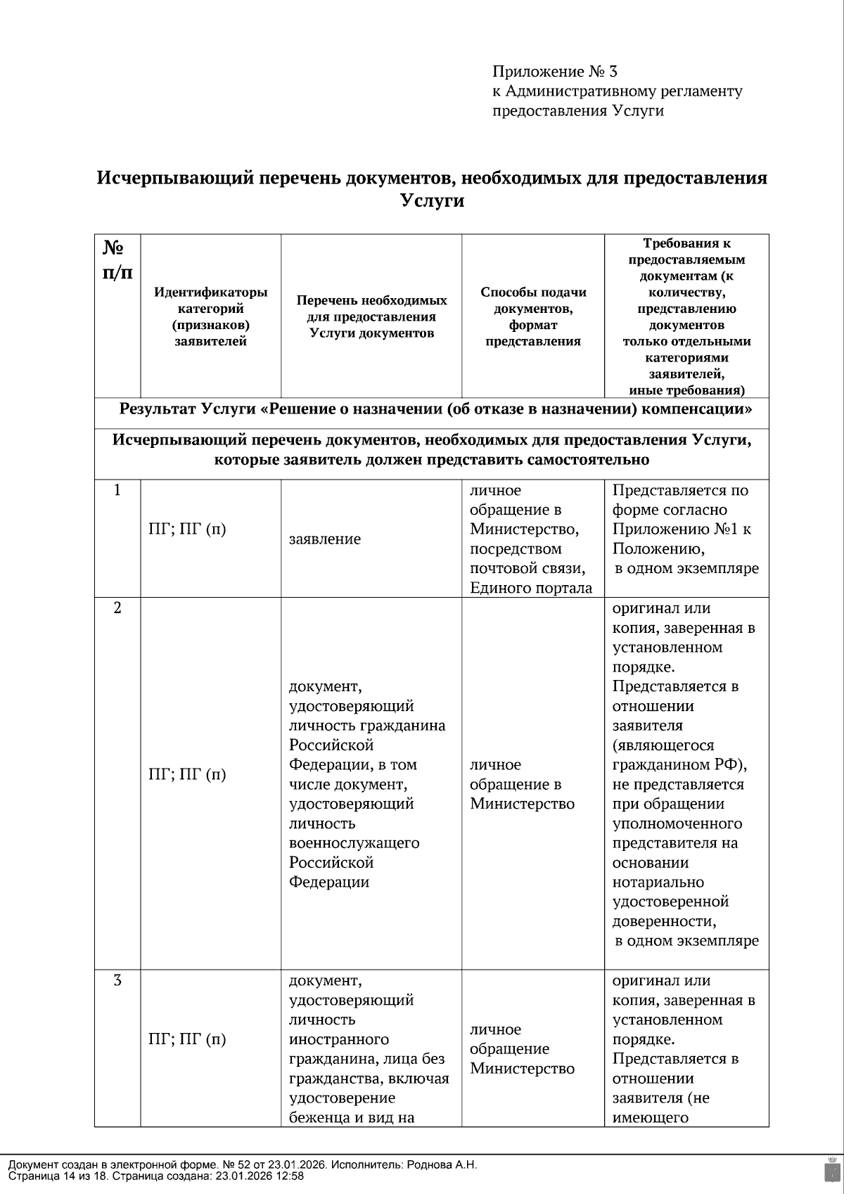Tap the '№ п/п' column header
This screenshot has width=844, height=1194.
click(x=117, y=259)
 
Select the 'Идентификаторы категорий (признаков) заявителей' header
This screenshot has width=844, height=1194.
click(x=210, y=316)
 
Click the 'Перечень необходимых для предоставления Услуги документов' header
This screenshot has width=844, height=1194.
click(x=371, y=316)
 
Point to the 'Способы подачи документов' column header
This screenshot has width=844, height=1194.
click(x=533, y=316)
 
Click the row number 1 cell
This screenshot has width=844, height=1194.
click(x=117, y=490)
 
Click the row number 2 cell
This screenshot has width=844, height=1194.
click(x=117, y=608)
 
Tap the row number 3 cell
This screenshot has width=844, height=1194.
click(x=117, y=980)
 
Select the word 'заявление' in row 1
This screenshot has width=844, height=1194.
click(x=325, y=539)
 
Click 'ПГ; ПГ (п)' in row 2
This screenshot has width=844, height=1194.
click(x=188, y=774)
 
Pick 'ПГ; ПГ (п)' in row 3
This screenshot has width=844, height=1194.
click(x=188, y=1039)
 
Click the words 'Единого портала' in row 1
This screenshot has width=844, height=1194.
click(x=531, y=588)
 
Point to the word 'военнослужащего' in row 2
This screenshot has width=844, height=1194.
click(x=354, y=843)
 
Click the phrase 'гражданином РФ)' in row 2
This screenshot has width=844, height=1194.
click(x=679, y=765)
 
